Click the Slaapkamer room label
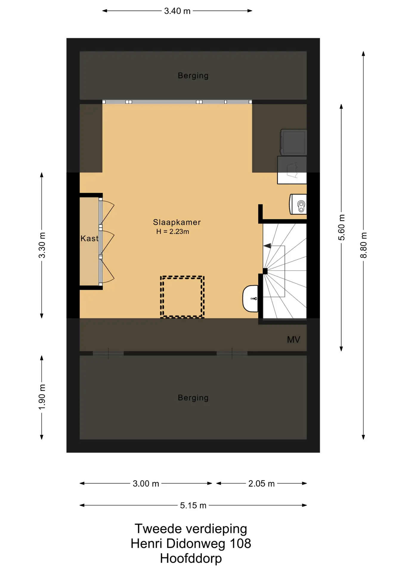pos(177,222)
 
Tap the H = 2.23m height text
pos(173,232)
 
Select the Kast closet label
pos(89,238)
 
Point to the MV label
pos(293,340)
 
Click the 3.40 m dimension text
pos(177,11)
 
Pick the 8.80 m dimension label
pos(364,245)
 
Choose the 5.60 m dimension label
pos(341,227)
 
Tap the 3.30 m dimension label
pos(42,245)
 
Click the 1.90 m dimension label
pos(42,397)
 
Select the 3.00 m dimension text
pos(146,484)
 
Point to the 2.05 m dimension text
pos(262,484)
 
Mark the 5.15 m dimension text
pos(193,506)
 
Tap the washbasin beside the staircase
pos(251,299)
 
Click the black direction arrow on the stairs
pos(267,246)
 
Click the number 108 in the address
pos(240,544)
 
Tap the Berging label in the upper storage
pos(193,76)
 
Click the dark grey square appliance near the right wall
pos(293,142)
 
